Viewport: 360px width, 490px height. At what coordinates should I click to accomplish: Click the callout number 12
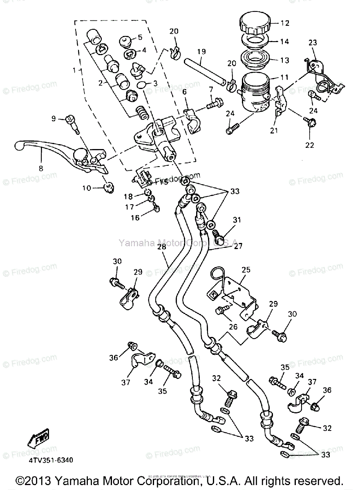tap(285, 23)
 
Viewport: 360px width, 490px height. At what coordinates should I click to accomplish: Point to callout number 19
tap(201, 52)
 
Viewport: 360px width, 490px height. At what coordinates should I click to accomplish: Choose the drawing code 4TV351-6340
tap(51, 460)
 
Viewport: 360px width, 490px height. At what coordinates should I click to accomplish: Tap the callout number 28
tap(161, 247)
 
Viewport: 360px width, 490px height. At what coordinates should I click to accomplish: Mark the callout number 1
tap(74, 70)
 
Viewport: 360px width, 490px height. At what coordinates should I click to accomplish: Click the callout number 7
tap(211, 89)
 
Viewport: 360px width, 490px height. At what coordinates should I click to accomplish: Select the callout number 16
tap(135, 218)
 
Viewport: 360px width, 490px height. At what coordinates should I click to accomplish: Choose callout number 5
tap(140, 37)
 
